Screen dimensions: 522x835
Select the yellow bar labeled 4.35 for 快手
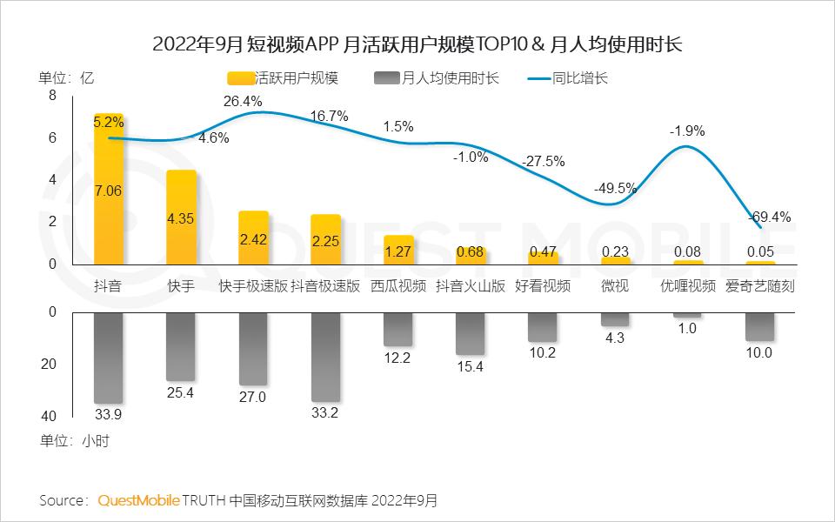pyautogui.click(x=181, y=217)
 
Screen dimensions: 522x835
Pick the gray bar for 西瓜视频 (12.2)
pyautogui.click(x=398, y=329)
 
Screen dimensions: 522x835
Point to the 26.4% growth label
pyautogui.click(x=243, y=102)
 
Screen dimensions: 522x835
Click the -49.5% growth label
pyautogui.click(x=615, y=188)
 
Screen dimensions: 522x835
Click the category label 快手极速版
pyautogui.click(x=252, y=285)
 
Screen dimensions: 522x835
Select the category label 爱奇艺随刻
pyautogui.click(x=759, y=285)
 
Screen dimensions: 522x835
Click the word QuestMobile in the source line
pyautogui.click(x=138, y=501)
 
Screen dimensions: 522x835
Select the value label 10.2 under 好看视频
pyautogui.click(x=542, y=352)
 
